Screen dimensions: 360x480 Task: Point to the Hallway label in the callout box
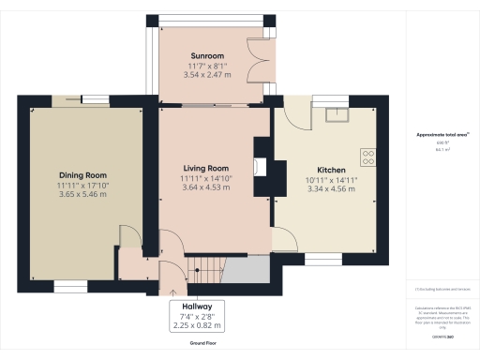[198, 307]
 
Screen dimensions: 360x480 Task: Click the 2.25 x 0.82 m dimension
[198, 325]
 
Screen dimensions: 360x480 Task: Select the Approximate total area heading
[442, 134]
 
